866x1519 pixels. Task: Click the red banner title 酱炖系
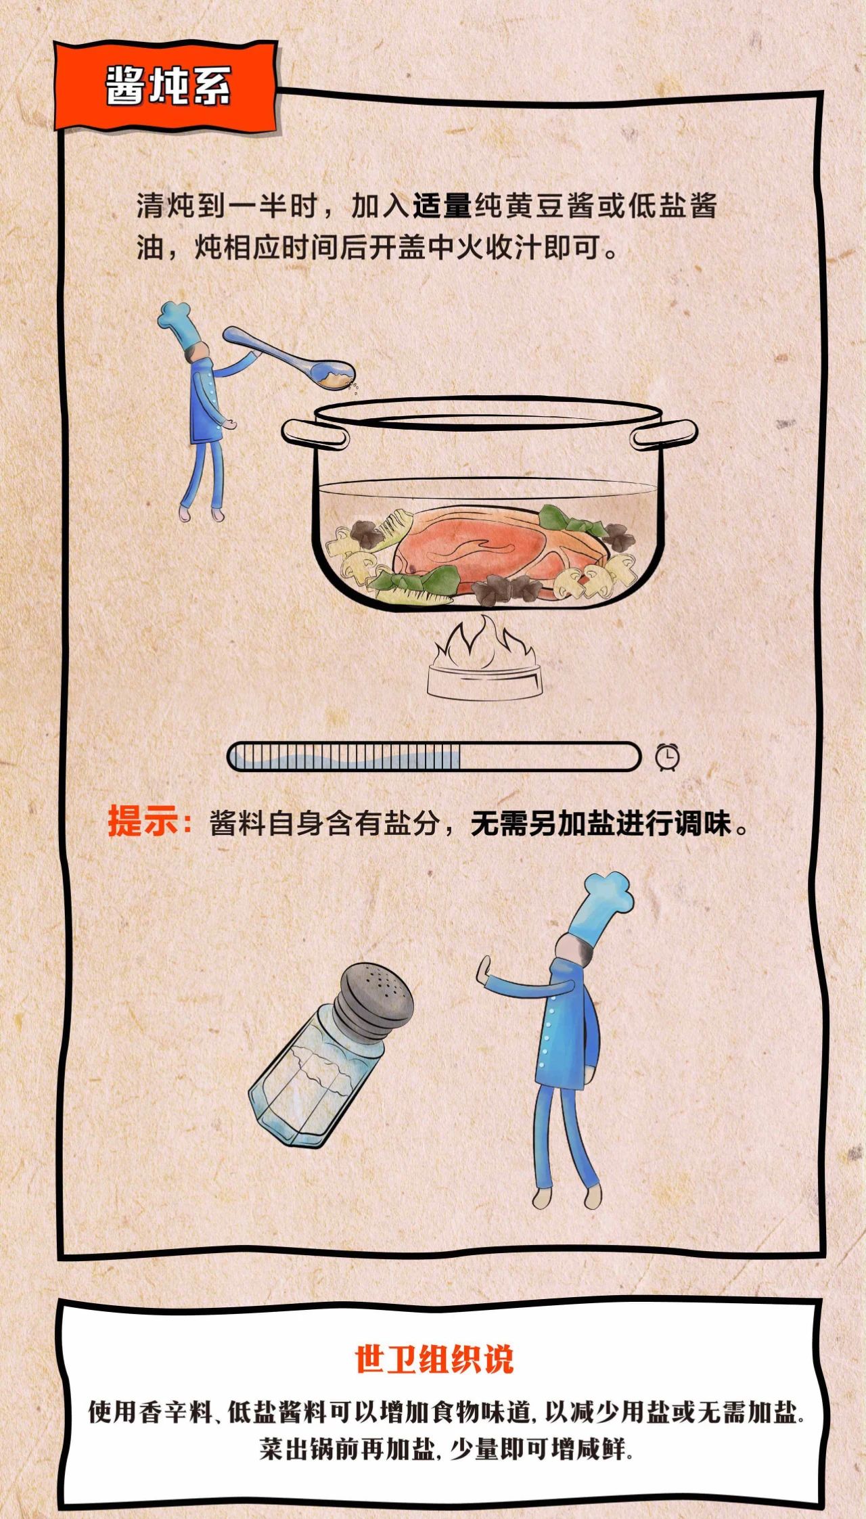(168, 87)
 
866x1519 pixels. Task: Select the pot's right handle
(664, 434)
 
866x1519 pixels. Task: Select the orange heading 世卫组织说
(434, 1358)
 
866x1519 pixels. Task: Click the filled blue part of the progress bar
(345, 756)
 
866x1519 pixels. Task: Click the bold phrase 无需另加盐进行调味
(601, 823)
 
